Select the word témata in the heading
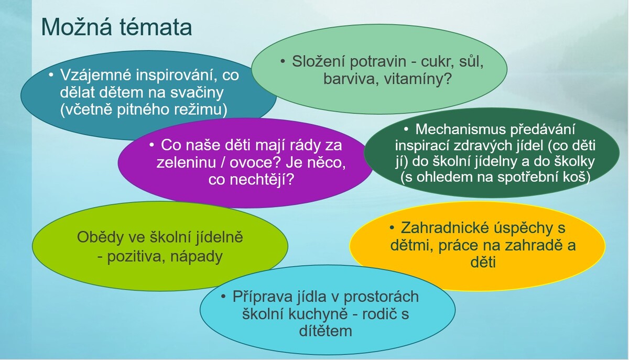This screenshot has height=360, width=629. (156, 27)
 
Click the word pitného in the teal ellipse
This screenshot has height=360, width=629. (143, 110)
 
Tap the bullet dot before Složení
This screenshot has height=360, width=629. (283, 61)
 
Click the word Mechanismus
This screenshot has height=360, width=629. (461, 129)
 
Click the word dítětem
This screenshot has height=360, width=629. (326, 331)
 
